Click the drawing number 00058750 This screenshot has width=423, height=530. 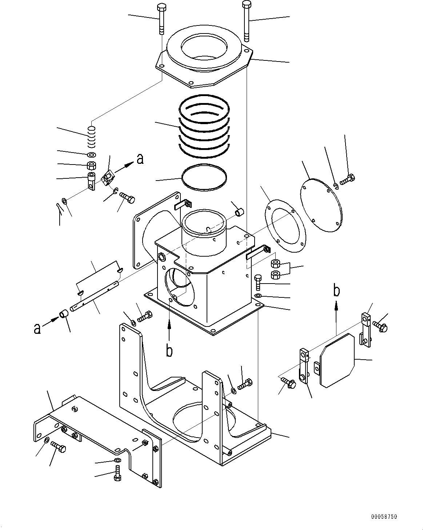pos(384,517)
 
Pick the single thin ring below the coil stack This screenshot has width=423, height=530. pos(205,177)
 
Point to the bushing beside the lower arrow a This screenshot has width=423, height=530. pos(65,314)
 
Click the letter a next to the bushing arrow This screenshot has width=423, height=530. pos(37,329)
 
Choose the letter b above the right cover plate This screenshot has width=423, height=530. pos(337,290)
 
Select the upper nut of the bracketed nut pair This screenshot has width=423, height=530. pos(276,264)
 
